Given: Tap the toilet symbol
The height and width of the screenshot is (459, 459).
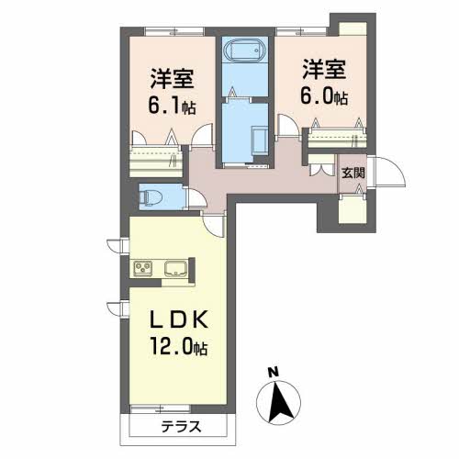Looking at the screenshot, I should coord(153,196).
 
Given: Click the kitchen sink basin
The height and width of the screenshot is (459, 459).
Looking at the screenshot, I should coord(175,269).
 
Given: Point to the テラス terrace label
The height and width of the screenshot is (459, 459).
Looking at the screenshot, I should coord(177,426).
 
